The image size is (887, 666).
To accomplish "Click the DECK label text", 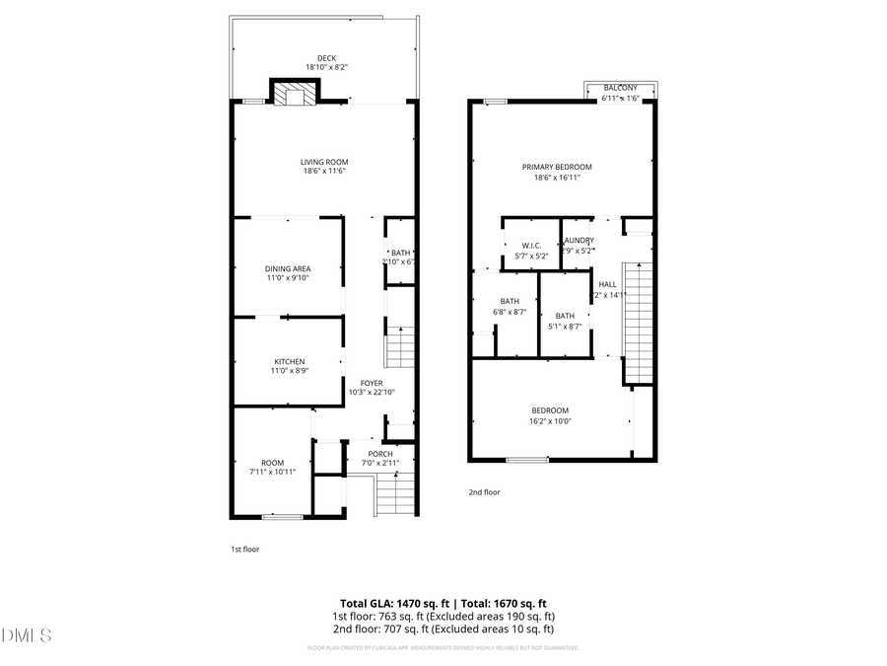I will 325,58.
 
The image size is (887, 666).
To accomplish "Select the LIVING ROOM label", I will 324,162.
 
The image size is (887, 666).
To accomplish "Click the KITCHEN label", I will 289,362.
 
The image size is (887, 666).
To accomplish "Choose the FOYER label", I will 372,383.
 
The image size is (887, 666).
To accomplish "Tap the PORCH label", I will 380,454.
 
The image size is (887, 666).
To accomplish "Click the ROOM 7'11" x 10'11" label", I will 272,463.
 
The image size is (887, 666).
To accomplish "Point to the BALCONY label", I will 620,89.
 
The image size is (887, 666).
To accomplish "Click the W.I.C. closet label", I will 531,246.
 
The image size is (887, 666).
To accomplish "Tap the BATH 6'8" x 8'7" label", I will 510,302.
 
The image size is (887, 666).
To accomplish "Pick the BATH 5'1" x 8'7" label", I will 565,316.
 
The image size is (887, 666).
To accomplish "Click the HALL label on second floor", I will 607,284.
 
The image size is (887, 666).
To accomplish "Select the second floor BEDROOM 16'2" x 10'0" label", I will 550,410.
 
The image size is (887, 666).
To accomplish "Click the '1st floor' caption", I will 244,550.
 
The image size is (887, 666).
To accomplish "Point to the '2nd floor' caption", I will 484,491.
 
